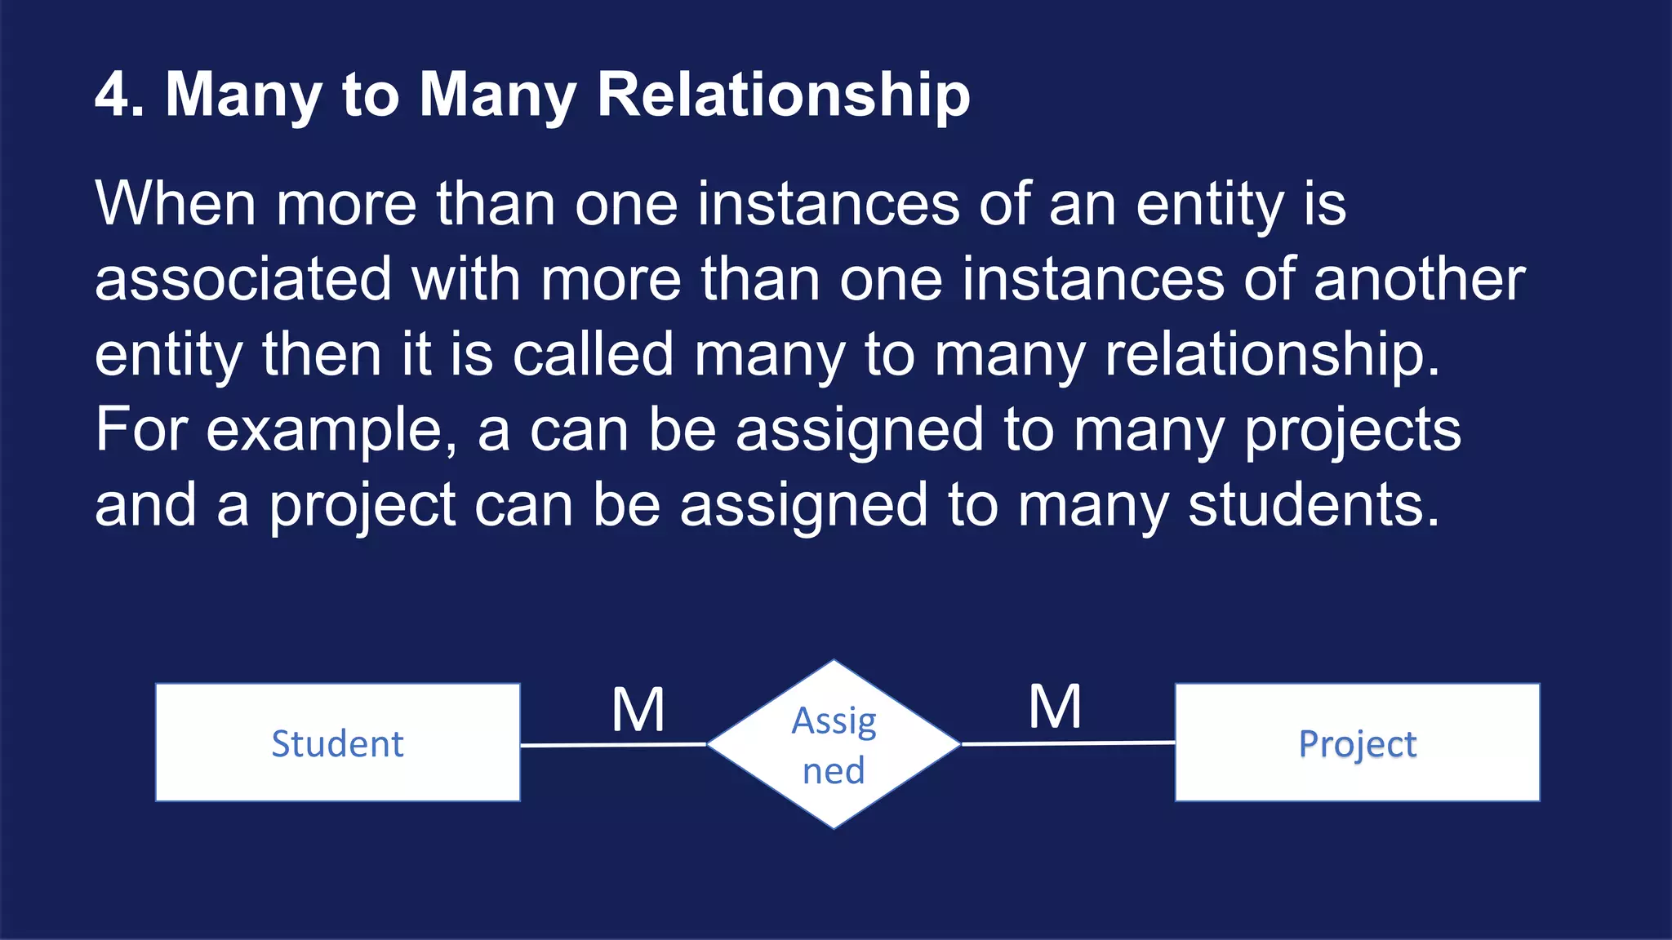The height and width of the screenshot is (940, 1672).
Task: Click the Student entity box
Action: [x=337, y=743]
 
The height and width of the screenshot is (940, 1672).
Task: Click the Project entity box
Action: [x=1357, y=743]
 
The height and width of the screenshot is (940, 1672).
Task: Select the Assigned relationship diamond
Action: [x=834, y=744]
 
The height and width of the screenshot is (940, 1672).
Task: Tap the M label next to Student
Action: [x=638, y=710]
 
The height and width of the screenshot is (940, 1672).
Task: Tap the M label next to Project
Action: [x=1055, y=707]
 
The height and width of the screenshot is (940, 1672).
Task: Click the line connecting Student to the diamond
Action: [x=612, y=744]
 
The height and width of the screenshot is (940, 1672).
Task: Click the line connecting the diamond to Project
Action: [x=1068, y=743]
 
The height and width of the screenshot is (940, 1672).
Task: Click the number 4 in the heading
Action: [x=112, y=95]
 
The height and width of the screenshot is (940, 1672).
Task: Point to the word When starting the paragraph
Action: [x=176, y=203]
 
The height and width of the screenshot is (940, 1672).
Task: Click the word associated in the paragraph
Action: [x=243, y=279]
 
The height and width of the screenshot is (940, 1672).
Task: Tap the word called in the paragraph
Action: [x=593, y=354]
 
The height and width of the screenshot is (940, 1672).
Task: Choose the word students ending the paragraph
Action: [x=1313, y=505]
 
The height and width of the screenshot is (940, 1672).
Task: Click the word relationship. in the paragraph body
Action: [x=1272, y=356]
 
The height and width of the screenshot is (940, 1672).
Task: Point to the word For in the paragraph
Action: [x=140, y=430]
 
